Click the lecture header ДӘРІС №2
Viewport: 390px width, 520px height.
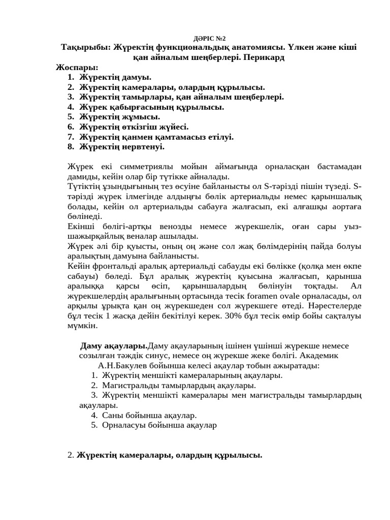click(x=210, y=38)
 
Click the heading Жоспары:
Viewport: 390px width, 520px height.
click(x=77, y=67)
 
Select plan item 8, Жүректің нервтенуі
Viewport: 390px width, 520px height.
click(x=122, y=147)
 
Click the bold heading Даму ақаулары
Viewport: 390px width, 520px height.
click(x=114, y=346)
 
